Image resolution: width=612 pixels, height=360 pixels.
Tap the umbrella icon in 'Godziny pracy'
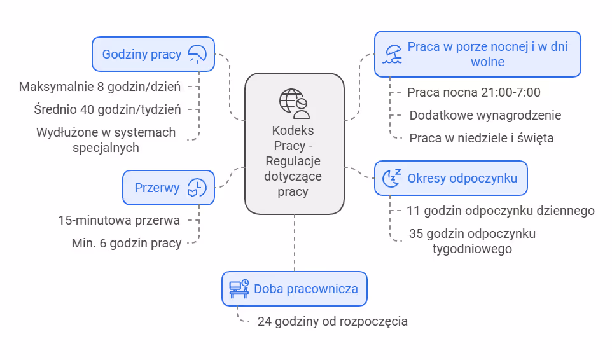tap(197, 54)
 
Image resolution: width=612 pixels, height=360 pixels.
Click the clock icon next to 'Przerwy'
tap(197, 188)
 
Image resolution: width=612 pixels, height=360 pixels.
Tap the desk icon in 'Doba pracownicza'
tap(239, 289)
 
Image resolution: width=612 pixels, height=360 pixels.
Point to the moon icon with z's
tap(391, 179)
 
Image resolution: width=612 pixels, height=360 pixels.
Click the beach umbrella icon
tap(393, 54)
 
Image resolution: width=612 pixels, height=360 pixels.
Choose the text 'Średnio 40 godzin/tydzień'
tap(108, 109)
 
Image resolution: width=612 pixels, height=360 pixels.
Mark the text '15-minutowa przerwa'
tap(119, 220)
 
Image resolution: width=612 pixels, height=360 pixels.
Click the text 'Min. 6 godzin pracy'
tap(127, 243)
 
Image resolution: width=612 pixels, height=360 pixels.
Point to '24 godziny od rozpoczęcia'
tap(333, 321)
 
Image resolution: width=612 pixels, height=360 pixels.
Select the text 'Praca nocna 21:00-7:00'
tap(474, 92)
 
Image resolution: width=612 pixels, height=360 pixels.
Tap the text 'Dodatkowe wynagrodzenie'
tap(485, 115)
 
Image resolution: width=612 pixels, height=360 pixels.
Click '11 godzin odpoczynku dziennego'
tap(501, 211)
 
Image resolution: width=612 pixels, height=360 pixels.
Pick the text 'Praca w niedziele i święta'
tap(482, 137)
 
